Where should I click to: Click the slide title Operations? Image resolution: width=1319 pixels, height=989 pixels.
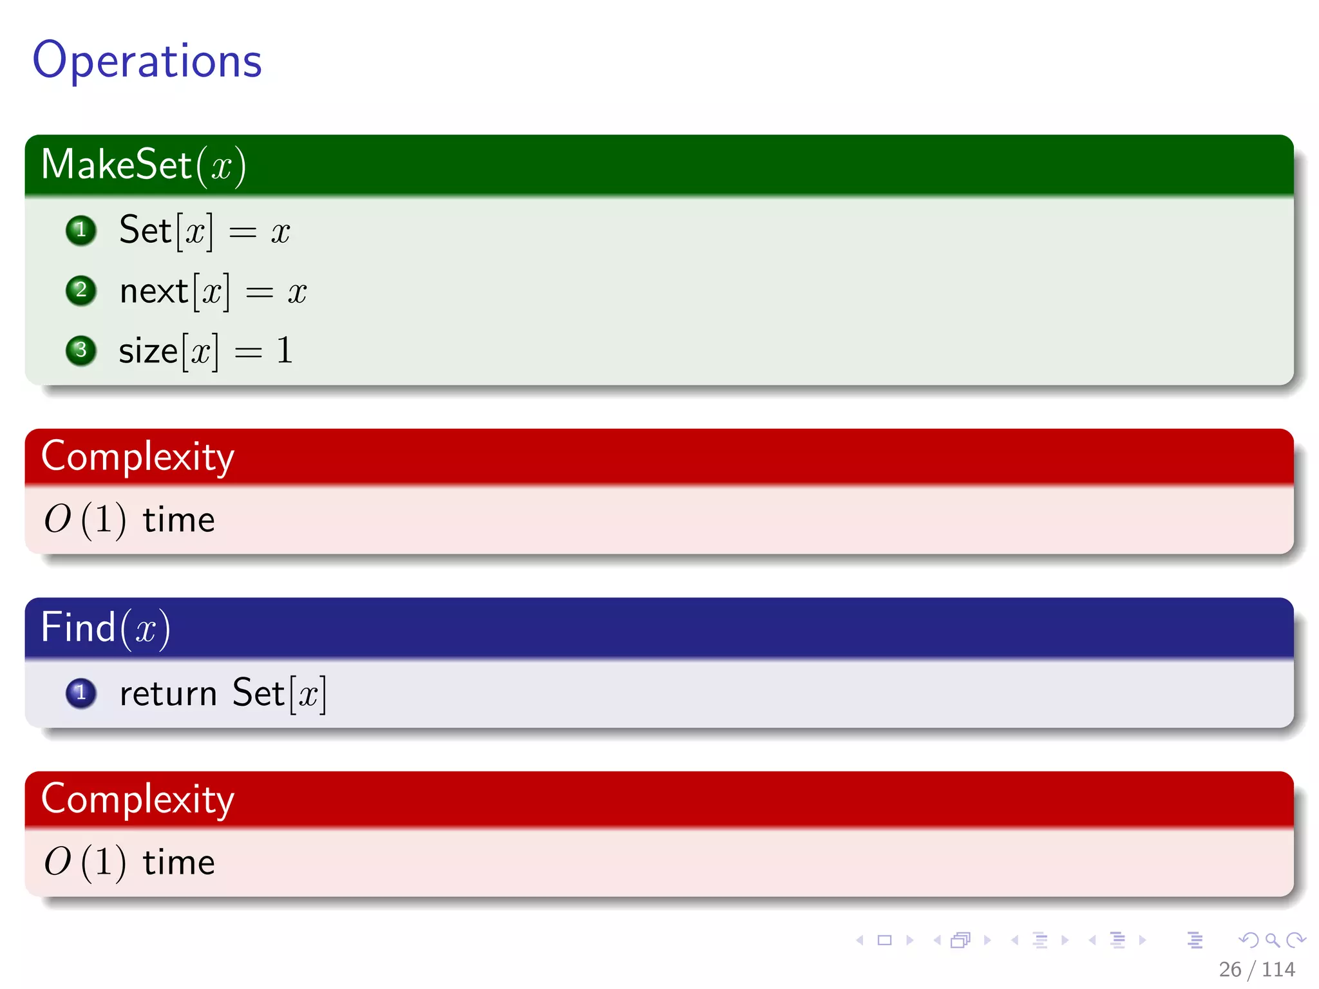click(147, 61)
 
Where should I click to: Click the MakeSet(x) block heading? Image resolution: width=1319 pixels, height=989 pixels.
click(143, 165)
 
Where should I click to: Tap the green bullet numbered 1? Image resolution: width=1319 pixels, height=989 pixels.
click(81, 231)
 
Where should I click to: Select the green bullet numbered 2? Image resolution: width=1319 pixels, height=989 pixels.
click(81, 290)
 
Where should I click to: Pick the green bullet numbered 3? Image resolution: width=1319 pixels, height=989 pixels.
click(81, 350)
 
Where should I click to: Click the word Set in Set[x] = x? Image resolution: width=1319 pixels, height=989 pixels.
click(146, 230)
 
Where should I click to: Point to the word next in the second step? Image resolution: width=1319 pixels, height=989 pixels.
click(153, 292)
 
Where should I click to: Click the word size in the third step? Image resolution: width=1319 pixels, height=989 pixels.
click(148, 352)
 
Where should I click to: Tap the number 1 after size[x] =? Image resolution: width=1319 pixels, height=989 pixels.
click(284, 351)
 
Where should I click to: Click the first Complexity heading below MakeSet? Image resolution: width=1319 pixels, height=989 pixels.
click(138, 457)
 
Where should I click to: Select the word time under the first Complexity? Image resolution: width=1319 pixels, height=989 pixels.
click(178, 520)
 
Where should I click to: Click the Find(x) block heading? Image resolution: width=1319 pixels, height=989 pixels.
click(106, 627)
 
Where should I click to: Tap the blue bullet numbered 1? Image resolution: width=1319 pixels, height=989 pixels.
click(81, 693)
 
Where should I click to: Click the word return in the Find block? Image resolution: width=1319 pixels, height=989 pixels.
click(168, 694)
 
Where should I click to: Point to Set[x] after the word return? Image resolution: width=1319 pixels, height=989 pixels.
click(279, 693)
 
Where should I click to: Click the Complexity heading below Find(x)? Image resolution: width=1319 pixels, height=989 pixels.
click(138, 799)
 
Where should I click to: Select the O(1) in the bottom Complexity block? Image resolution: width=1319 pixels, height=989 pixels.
click(84, 862)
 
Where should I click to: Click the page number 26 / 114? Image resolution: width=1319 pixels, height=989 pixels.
click(1257, 969)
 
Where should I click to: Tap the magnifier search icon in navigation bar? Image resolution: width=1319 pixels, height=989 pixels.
click(1273, 941)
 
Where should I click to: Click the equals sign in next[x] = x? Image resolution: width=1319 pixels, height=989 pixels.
click(260, 294)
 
